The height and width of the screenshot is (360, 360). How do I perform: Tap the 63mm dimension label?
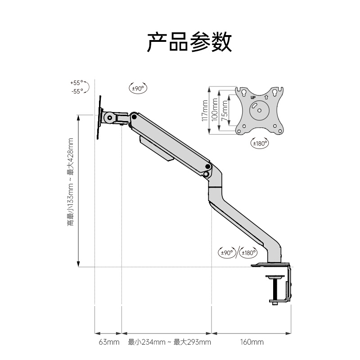pyautogui.click(x=108, y=342)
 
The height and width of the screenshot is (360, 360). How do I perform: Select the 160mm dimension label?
pyautogui.click(x=252, y=342)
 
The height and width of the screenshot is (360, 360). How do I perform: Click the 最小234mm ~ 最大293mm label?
pyautogui.click(x=169, y=342)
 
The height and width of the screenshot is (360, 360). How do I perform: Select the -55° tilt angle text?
pyautogui.click(x=77, y=91)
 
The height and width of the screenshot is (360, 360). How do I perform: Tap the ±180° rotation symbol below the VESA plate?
pyautogui.click(x=259, y=143)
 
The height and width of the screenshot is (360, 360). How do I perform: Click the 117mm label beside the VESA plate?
pyautogui.click(x=205, y=111)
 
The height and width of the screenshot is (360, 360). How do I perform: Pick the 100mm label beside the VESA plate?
pyautogui.click(x=215, y=111)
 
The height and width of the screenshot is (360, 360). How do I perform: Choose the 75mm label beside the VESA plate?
pyautogui.click(x=224, y=111)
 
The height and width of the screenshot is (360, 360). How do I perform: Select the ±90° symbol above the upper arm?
pyautogui.click(x=138, y=89)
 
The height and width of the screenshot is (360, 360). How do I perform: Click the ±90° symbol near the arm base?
pyautogui.click(x=227, y=252)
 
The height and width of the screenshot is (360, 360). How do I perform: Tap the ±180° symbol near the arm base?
pyautogui.click(x=249, y=252)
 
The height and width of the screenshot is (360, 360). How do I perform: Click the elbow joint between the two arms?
pyautogui.click(x=207, y=173)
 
